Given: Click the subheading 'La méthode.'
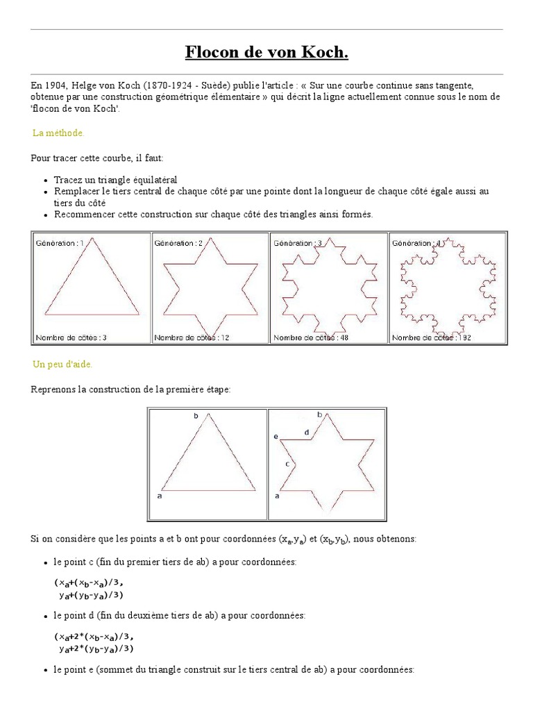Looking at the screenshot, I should point(59,133).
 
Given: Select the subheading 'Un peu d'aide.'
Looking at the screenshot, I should point(62,364).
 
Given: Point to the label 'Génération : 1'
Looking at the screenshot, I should point(59,243).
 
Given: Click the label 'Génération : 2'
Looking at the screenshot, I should point(179,243).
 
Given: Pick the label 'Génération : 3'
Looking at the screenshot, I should point(298,243).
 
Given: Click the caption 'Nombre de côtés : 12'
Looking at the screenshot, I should point(192,337).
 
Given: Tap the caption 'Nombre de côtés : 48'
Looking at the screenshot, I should point(312,337).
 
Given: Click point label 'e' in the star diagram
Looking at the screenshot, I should point(276,437).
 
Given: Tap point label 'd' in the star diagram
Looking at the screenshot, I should point(306,432).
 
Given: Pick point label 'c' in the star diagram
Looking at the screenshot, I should point(287,462).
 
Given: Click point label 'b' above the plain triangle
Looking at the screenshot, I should point(196,415).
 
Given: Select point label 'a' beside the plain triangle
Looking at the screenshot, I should point(160,496).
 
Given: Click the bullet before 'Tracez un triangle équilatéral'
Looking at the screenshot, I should point(45,180).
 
